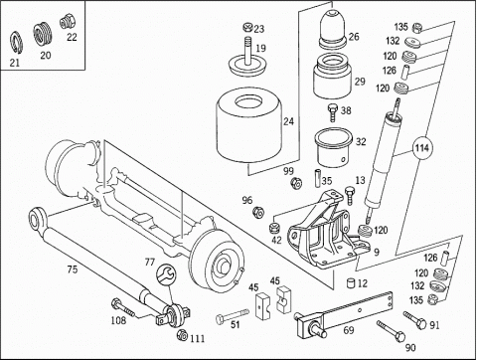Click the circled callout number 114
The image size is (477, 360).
tap(422, 148)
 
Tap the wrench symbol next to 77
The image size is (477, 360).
tap(165, 273)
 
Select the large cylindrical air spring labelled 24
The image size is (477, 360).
tap(249, 127)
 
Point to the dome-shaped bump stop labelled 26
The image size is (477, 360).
tap(333, 29)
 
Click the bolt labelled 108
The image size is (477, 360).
tap(123, 307)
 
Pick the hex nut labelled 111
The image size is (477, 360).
tap(182, 335)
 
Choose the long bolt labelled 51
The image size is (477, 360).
tap(233, 315)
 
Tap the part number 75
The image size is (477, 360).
tap(73, 270)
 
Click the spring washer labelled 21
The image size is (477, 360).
tap(15, 42)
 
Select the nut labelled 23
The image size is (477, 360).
tap(247, 27)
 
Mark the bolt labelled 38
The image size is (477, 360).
tap(333, 112)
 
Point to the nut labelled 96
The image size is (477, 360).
tap(258, 212)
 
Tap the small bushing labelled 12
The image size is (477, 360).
tap(351, 283)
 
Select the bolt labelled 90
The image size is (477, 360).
tap(391, 330)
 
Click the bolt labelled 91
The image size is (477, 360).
tap(414, 320)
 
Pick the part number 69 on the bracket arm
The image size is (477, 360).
tap(349, 330)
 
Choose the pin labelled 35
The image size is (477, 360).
tap(317, 179)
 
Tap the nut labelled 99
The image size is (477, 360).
tap(296, 183)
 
